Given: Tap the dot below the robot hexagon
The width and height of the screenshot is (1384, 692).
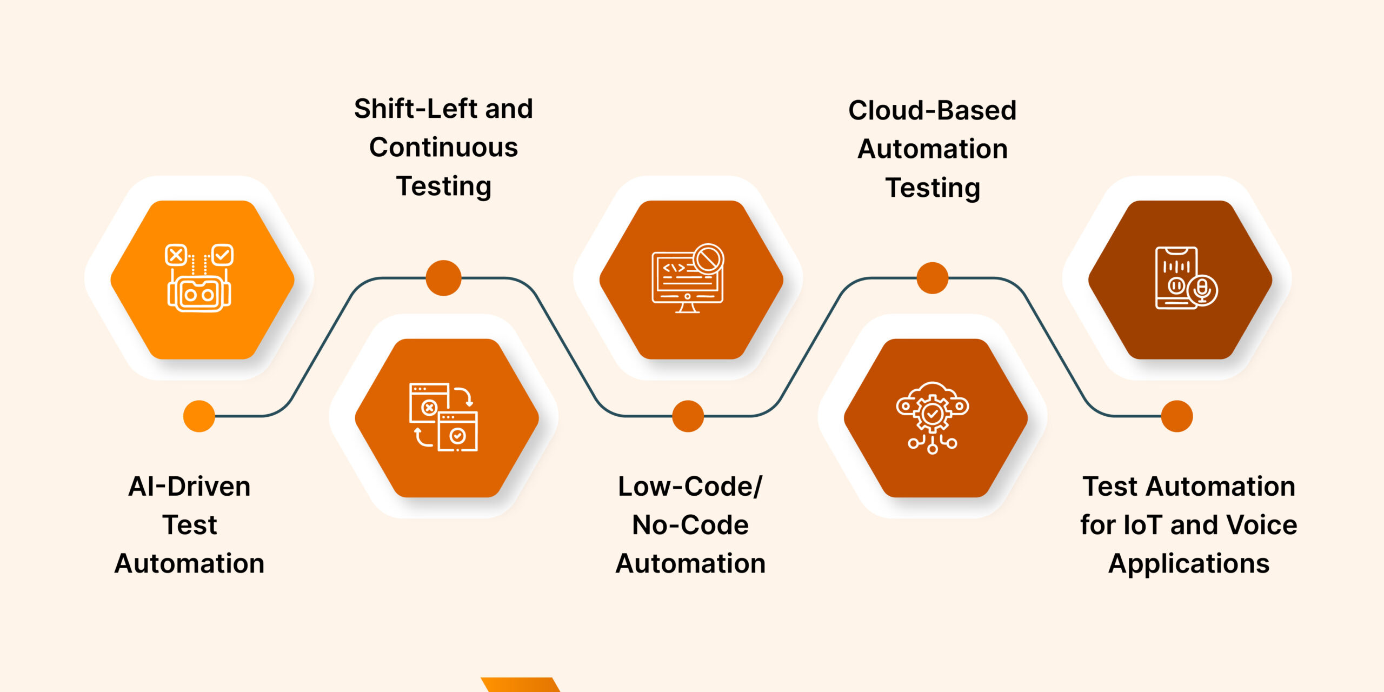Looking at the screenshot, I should tap(199, 416).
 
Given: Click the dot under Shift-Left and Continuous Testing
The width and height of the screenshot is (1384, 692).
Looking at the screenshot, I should tap(443, 278).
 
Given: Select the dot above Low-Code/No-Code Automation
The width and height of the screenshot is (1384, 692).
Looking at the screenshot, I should tap(688, 416).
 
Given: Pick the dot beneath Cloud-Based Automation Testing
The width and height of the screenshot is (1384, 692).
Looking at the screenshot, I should tap(932, 278).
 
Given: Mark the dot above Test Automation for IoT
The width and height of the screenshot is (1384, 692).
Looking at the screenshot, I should tap(1177, 416).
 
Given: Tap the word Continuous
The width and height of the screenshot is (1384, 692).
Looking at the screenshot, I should tap(443, 148).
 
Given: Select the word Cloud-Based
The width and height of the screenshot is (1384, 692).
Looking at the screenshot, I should tap(932, 110).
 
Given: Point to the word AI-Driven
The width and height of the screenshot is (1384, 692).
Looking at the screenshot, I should tap(189, 487).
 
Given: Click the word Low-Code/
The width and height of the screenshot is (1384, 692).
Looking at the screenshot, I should tap(690, 487).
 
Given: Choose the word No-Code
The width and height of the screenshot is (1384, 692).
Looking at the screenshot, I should tap(690, 525).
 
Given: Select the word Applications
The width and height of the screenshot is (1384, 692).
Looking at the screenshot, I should tap(1188, 564).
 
